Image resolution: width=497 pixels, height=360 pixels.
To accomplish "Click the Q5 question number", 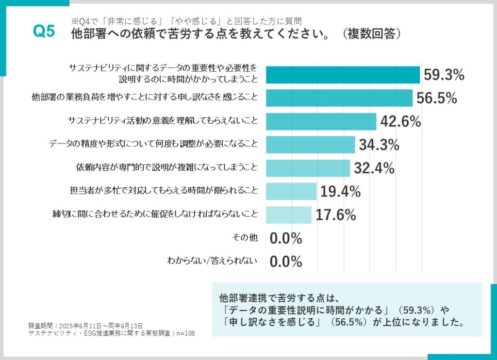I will click(44, 32).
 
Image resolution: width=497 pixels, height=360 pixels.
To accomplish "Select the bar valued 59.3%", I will click(343, 75).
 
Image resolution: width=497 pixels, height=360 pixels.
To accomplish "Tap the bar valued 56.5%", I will click(339, 98).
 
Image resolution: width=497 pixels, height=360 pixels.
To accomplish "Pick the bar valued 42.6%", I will click(321, 121).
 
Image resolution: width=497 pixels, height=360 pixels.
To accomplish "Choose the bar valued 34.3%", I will click(310, 144).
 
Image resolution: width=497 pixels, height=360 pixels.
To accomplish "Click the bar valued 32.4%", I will click(308, 168).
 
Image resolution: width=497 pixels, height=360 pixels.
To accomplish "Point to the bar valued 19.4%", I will click(291, 191).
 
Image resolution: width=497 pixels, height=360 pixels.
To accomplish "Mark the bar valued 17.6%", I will click(289, 214).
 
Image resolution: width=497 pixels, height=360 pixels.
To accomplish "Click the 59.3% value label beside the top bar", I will click(444, 75).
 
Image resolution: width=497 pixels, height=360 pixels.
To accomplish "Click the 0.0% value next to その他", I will click(286, 238).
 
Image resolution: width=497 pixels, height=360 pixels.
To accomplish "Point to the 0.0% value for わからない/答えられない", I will click(286, 262).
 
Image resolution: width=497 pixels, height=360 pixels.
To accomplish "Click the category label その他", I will click(246, 238).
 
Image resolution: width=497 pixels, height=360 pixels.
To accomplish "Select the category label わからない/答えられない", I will click(212, 261).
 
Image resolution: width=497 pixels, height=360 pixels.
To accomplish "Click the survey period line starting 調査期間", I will click(85, 326).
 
